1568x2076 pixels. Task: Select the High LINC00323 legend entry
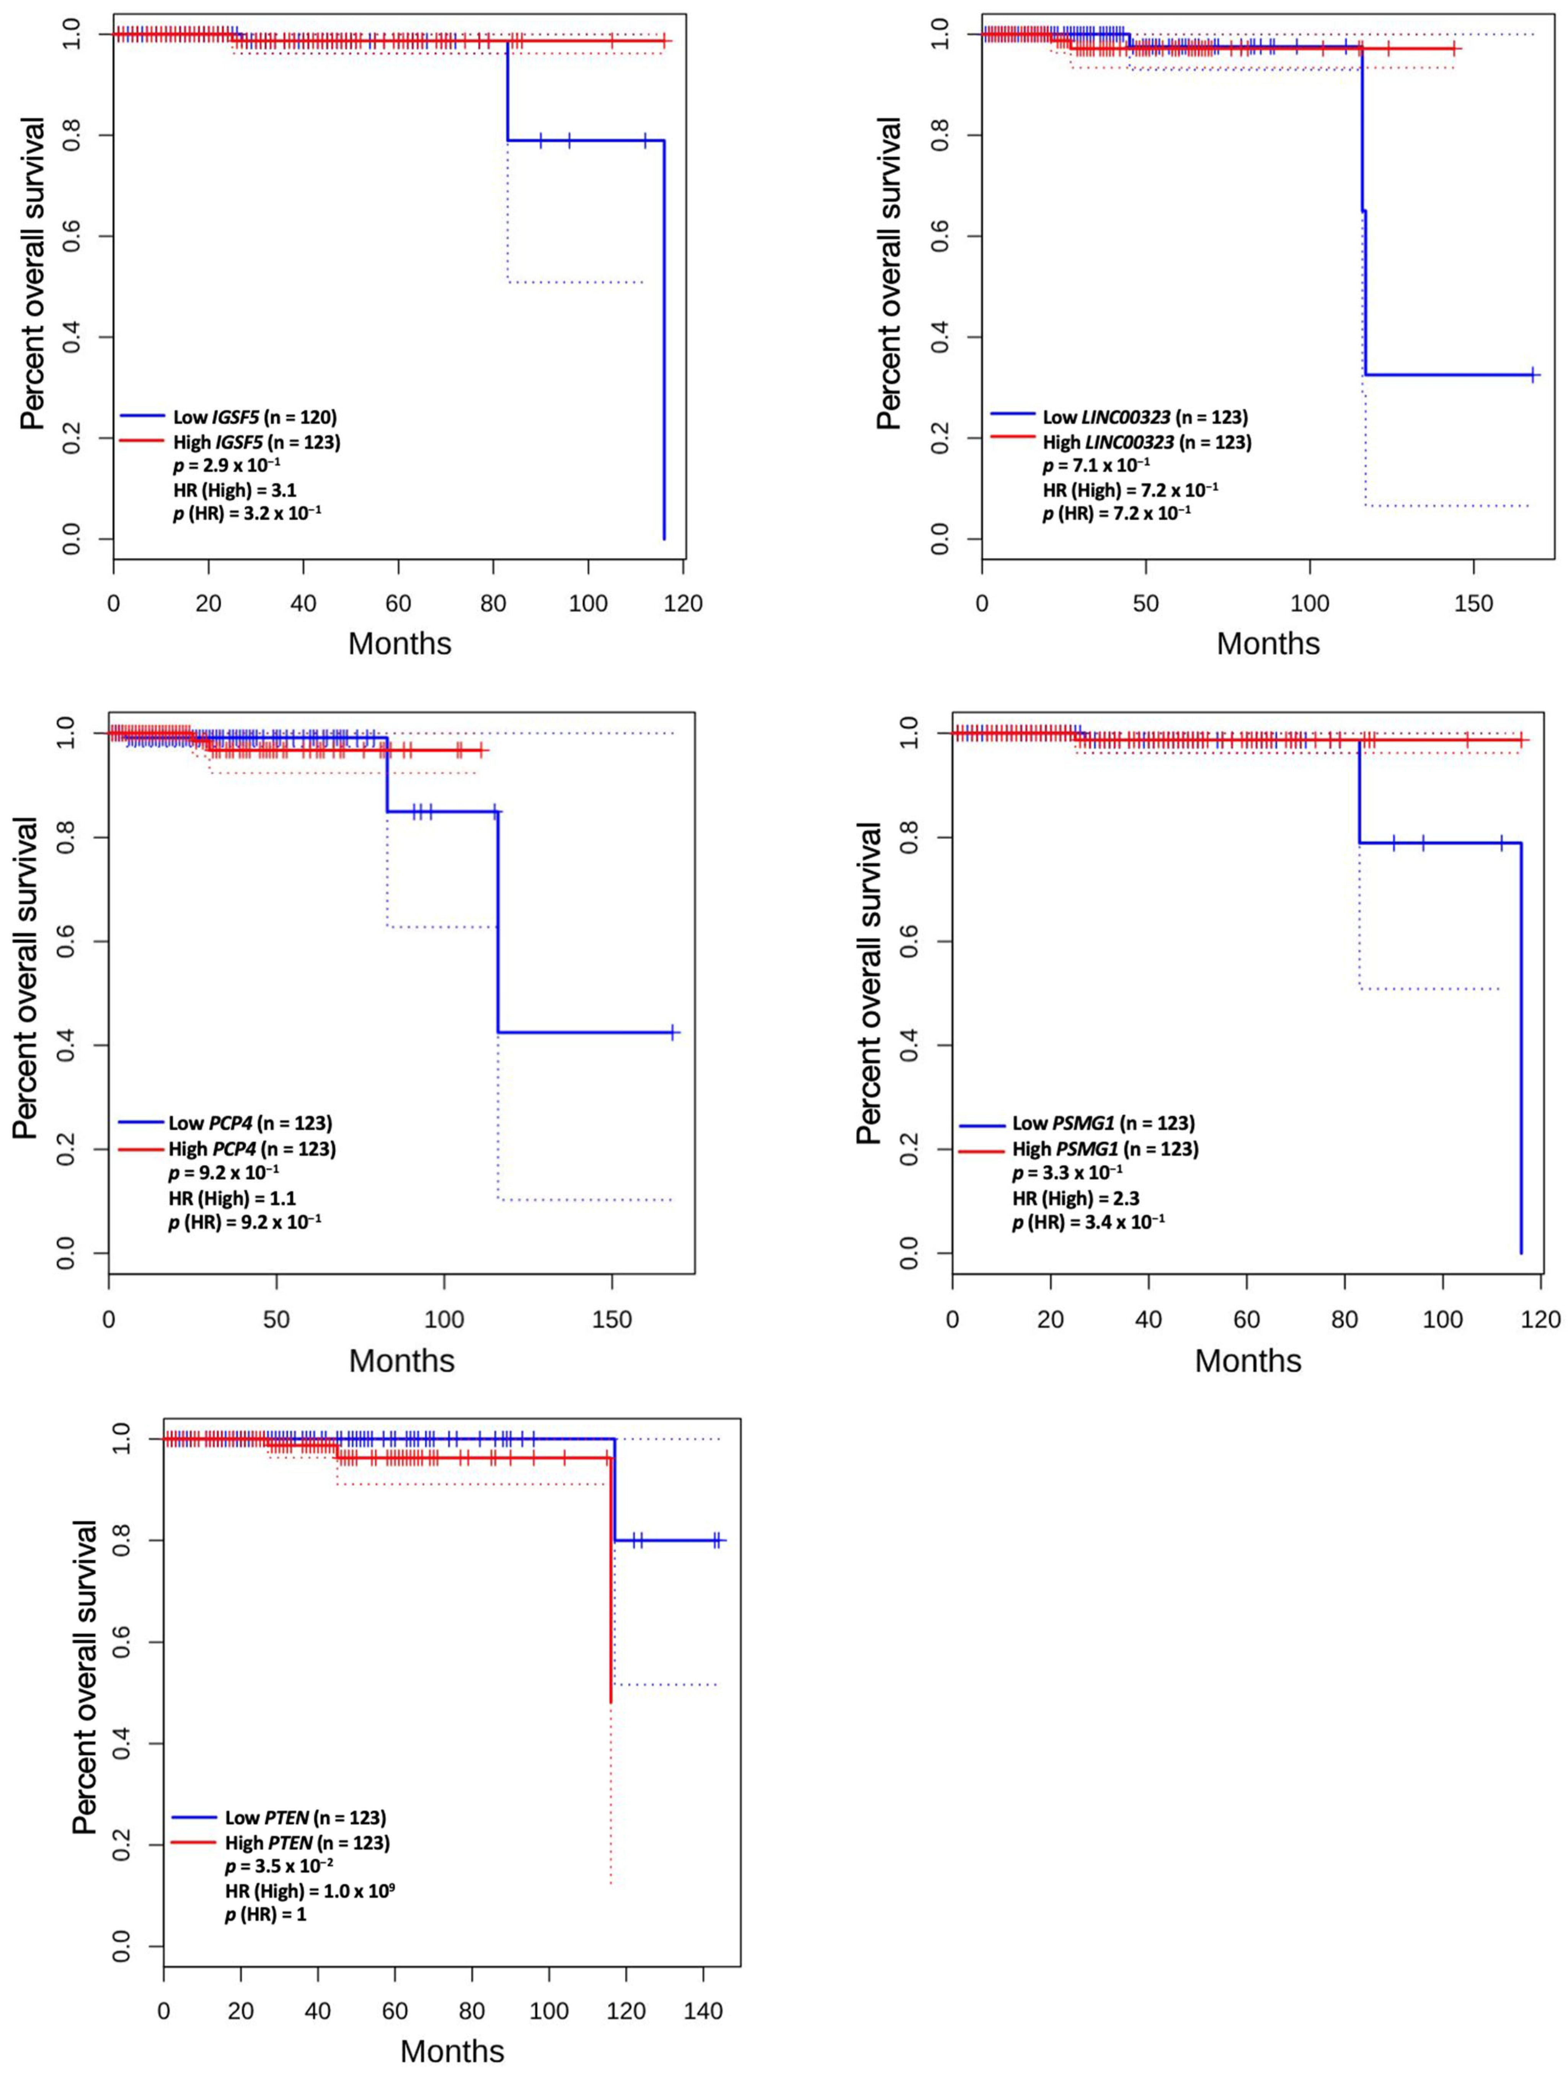click(x=1147, y=441)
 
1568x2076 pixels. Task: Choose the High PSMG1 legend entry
click(x=1105, y=1148)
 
